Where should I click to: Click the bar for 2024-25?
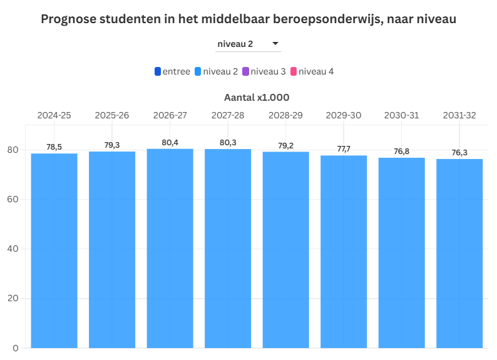(54, 250)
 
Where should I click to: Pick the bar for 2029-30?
(344, 251)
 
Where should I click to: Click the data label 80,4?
(170, 143)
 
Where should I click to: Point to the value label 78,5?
(54, 147)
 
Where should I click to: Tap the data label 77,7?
(344, 149)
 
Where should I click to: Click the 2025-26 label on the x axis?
(112, 115)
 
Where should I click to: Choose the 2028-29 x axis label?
(286, 115)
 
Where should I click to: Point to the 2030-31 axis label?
(402, 115)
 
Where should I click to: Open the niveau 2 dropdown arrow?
(275, 44)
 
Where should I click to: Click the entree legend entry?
(173, 71)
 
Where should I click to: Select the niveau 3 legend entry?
(264, 71)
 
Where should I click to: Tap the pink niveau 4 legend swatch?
(294, 71)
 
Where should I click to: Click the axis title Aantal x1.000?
(257, 98)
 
